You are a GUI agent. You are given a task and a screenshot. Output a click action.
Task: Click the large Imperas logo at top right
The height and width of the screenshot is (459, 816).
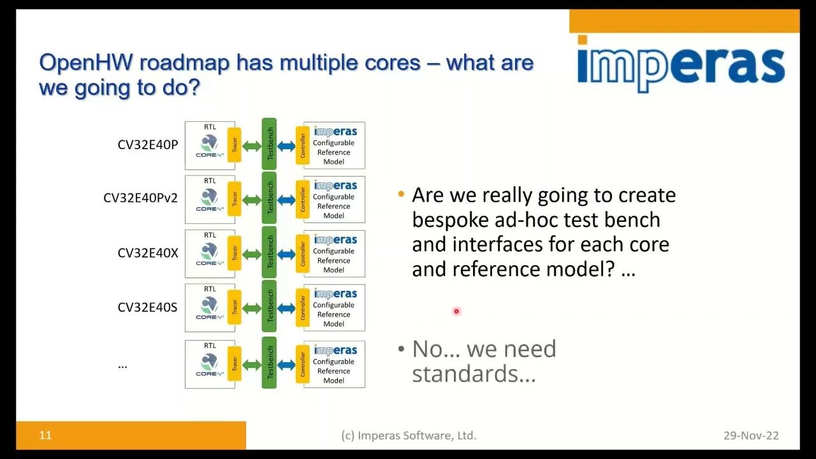pos(681,64)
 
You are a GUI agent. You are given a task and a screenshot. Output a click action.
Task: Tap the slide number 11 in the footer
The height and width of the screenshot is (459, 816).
pos(45,435)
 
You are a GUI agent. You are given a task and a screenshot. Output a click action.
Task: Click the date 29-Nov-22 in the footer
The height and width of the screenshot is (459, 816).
pos(750,435)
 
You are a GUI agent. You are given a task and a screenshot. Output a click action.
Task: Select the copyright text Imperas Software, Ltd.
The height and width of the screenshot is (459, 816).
pos(409,435)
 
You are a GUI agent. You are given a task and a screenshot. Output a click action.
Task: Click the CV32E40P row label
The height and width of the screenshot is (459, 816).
pos(147,145)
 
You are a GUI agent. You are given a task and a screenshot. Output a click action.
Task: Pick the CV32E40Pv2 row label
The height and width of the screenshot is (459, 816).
pos(140,198)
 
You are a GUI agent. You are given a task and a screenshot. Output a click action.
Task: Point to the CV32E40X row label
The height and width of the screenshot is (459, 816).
pos(147,253)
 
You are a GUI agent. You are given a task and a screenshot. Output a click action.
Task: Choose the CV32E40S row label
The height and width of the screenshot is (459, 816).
pos(147,307)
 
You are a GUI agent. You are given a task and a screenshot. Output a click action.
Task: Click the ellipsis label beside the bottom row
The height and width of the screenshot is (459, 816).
pos(122,365)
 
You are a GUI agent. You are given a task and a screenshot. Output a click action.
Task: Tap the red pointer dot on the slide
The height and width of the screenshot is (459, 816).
pos(456,311)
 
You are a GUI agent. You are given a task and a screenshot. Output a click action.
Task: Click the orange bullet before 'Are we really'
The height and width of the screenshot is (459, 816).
pos(401,194)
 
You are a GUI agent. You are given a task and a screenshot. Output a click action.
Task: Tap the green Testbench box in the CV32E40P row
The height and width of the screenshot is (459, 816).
pos(269,145)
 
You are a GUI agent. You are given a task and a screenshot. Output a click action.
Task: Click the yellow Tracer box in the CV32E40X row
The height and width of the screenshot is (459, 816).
pos(235,253)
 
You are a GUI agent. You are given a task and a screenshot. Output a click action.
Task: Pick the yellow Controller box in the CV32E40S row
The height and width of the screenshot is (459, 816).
pos(302,307)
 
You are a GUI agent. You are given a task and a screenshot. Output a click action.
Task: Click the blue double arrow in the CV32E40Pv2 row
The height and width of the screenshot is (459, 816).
pos(286,200)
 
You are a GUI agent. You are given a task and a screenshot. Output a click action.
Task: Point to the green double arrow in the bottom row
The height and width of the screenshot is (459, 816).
pos(252,365)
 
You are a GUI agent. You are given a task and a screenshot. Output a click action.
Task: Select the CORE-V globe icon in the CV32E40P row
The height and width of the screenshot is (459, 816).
pos(210,145)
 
